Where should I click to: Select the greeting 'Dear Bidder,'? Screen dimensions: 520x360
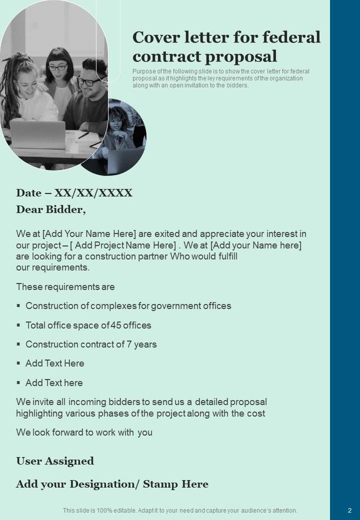(x=51, y=210)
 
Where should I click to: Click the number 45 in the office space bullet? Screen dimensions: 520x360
(x=116, y=325)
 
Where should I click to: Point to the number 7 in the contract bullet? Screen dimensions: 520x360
(x=130, y=344)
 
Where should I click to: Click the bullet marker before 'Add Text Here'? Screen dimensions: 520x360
(x=19, y=363)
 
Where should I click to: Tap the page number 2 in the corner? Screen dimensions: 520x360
(x=349, y=510)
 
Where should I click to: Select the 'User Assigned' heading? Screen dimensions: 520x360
(x=55, y=461)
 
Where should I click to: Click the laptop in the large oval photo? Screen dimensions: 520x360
(x=38, y=135)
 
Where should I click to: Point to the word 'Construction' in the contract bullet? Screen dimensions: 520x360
(x=51, y=344)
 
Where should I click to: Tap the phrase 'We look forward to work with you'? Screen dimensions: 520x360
(x=84, y=433)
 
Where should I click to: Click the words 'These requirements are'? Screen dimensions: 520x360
(x=65, y=287)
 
